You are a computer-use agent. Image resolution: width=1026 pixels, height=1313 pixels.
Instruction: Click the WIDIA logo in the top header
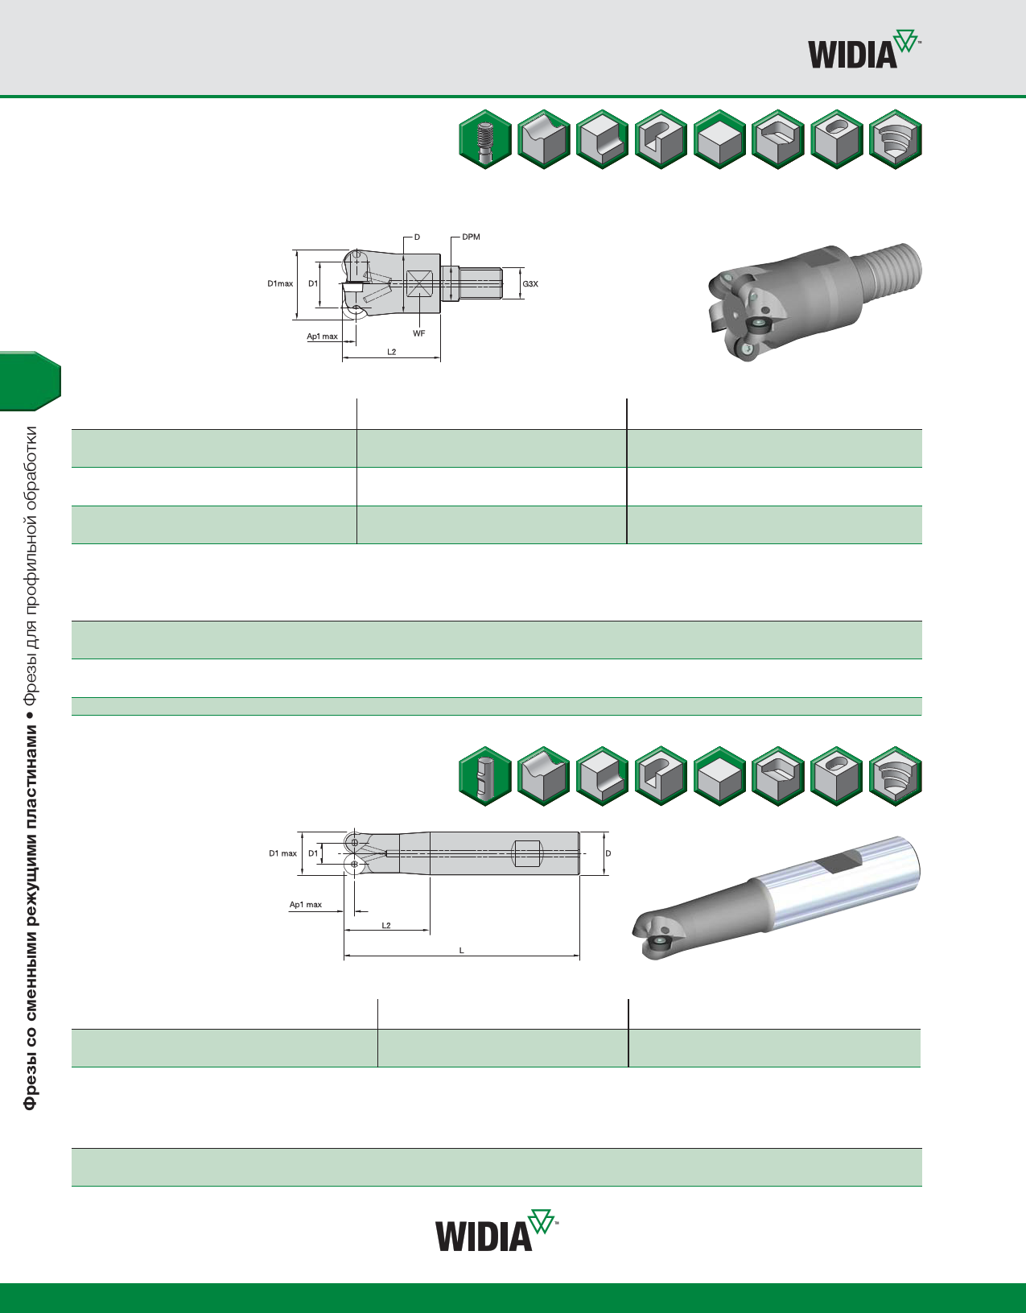click(863, 51)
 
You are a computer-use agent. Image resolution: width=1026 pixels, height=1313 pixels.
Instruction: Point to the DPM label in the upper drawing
click(471, 237)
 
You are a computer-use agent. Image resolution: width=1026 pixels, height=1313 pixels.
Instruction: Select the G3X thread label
click(529, 283)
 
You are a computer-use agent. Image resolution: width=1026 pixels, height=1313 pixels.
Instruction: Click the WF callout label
click(418, 333)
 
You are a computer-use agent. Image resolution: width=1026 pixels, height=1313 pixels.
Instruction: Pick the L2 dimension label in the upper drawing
click(391, 352)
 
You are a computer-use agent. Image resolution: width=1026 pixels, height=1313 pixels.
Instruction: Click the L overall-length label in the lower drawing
click(461, 951)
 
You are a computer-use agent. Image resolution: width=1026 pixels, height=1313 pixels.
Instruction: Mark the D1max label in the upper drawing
click(280, 283)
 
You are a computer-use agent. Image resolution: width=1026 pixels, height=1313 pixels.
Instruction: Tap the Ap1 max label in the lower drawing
click(305, 905)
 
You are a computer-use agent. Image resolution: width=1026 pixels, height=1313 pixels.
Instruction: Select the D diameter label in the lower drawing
click(608, 853)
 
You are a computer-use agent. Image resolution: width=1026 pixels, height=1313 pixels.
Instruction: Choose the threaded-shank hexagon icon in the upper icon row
click(485, 139)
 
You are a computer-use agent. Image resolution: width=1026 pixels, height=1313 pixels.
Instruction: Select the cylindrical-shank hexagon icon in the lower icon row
click(485, 776)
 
